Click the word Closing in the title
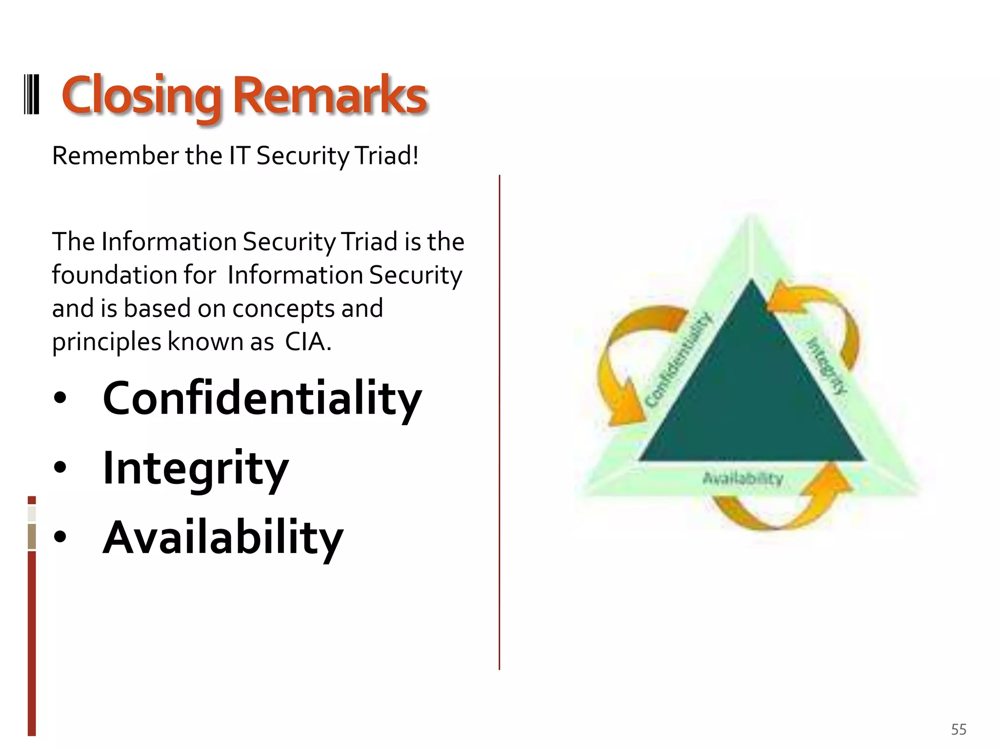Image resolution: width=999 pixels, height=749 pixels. click(x=141, y=96)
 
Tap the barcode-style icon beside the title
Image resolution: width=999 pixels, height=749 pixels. click(x=32, y=94)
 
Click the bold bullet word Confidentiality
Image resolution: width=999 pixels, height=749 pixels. click(x=262, y=399)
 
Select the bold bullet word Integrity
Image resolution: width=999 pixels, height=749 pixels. click(x=196, y=468)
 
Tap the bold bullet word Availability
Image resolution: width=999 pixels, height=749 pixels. click(x=223, y=538)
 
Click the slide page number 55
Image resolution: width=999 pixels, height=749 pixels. click(x=959, y=729)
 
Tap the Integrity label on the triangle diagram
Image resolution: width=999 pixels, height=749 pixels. click(x=826, y=366)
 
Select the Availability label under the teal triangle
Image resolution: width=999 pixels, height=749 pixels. click(x=743, y=478)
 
